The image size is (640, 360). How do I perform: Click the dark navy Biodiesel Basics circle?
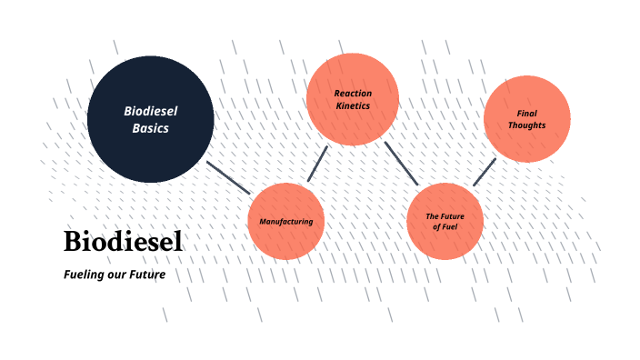151,118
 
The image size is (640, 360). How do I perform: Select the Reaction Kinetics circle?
353,99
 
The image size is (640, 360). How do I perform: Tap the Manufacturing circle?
286,221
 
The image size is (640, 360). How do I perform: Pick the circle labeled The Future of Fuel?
445,221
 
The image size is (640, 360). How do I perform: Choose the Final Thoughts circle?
527,119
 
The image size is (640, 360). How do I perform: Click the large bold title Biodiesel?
123,242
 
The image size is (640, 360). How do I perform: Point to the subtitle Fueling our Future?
115,274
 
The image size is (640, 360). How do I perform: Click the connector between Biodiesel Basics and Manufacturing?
228,178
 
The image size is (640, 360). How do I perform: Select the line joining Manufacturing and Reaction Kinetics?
317,164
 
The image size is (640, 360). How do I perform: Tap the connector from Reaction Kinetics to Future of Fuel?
400,163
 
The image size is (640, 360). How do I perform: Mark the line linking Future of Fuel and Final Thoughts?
485,172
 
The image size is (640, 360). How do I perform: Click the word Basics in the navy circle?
151,128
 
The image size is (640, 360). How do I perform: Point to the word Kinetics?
353,106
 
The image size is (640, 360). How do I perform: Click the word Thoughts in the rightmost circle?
527,125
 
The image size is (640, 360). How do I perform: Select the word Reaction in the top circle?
353,93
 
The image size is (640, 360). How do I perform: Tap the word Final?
527,114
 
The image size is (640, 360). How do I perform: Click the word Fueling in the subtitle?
85,274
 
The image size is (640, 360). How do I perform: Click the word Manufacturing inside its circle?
286,222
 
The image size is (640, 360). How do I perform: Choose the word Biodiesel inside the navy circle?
151,111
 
